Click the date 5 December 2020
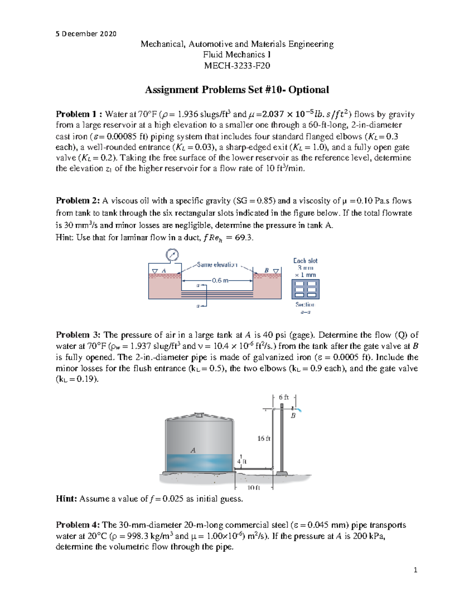click(x=86, y=34)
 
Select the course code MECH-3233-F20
click(x=237, y=66)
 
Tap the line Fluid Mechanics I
click(x=237, y=54)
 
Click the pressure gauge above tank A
click(x=172, y=255)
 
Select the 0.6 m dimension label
click(x=220, y=281)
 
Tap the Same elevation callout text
click(x=217, y=264)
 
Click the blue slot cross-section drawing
click(x=305, y=289)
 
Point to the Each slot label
click(x=305, y=261)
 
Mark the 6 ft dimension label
click(x=284, y=397)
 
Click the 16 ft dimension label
click(x=263, y=439)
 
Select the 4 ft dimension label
click(x=241, y=461)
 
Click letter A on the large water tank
click(x=193, y=450)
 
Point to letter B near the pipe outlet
click(x=293, y=416)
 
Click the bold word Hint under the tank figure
click(x=66, y=499)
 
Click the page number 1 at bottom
click(x=415, y=570)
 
